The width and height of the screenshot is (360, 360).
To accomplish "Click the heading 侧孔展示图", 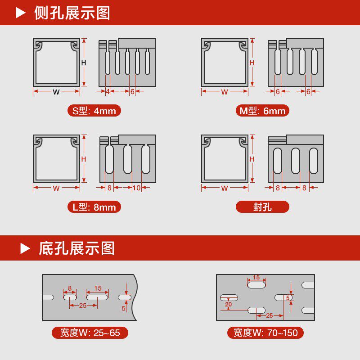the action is (72, 13).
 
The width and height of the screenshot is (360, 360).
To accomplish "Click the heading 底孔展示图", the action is (76, 248).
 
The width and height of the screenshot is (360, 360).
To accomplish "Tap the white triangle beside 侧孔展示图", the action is (21, 13).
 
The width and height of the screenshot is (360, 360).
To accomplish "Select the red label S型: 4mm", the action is (94, 111).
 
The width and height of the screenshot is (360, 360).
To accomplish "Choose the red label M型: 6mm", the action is (263, 111).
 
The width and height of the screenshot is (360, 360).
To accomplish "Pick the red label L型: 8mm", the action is (94, 207).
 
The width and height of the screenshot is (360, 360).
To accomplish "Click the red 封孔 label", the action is (263, 207).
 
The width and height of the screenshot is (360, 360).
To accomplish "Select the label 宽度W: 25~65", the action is (90, 333).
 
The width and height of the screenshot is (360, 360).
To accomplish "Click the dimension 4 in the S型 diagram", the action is (108, 91).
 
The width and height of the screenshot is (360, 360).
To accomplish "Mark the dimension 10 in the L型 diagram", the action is (136, 188).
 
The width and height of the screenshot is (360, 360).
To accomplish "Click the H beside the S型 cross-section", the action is (84, 63).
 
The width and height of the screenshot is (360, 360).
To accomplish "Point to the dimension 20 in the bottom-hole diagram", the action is (229, 304).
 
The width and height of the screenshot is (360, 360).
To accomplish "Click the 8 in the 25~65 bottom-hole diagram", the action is (70, 288).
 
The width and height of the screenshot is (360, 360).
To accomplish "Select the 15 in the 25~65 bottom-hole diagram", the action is (98, 288).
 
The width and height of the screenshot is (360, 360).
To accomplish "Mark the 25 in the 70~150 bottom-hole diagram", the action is (269, 315).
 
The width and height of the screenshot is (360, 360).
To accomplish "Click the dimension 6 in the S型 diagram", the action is (132, 91).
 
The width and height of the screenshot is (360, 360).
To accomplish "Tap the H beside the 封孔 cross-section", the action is (252, 159).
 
